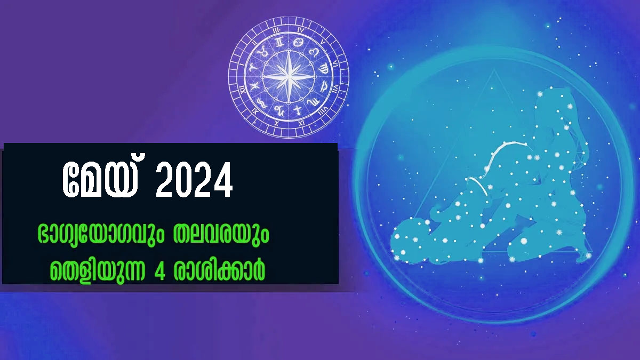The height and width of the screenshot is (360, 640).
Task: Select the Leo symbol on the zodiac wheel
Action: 314,52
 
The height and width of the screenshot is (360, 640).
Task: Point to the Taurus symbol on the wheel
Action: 262,52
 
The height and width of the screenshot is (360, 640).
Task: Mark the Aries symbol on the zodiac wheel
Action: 253,68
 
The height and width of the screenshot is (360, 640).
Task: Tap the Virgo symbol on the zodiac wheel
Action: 324,69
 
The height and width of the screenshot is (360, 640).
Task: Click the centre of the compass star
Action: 289,77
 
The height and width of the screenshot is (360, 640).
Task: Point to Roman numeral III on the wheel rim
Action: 276,30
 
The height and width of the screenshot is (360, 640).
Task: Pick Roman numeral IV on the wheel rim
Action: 301,30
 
